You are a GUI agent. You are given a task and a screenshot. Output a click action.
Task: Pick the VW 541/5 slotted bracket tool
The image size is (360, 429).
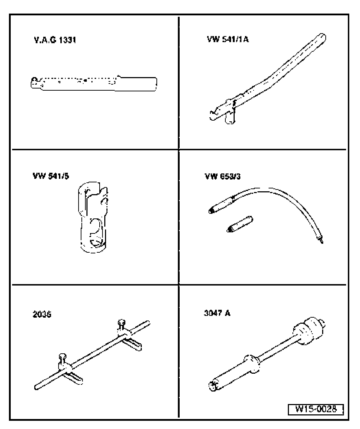92,218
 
